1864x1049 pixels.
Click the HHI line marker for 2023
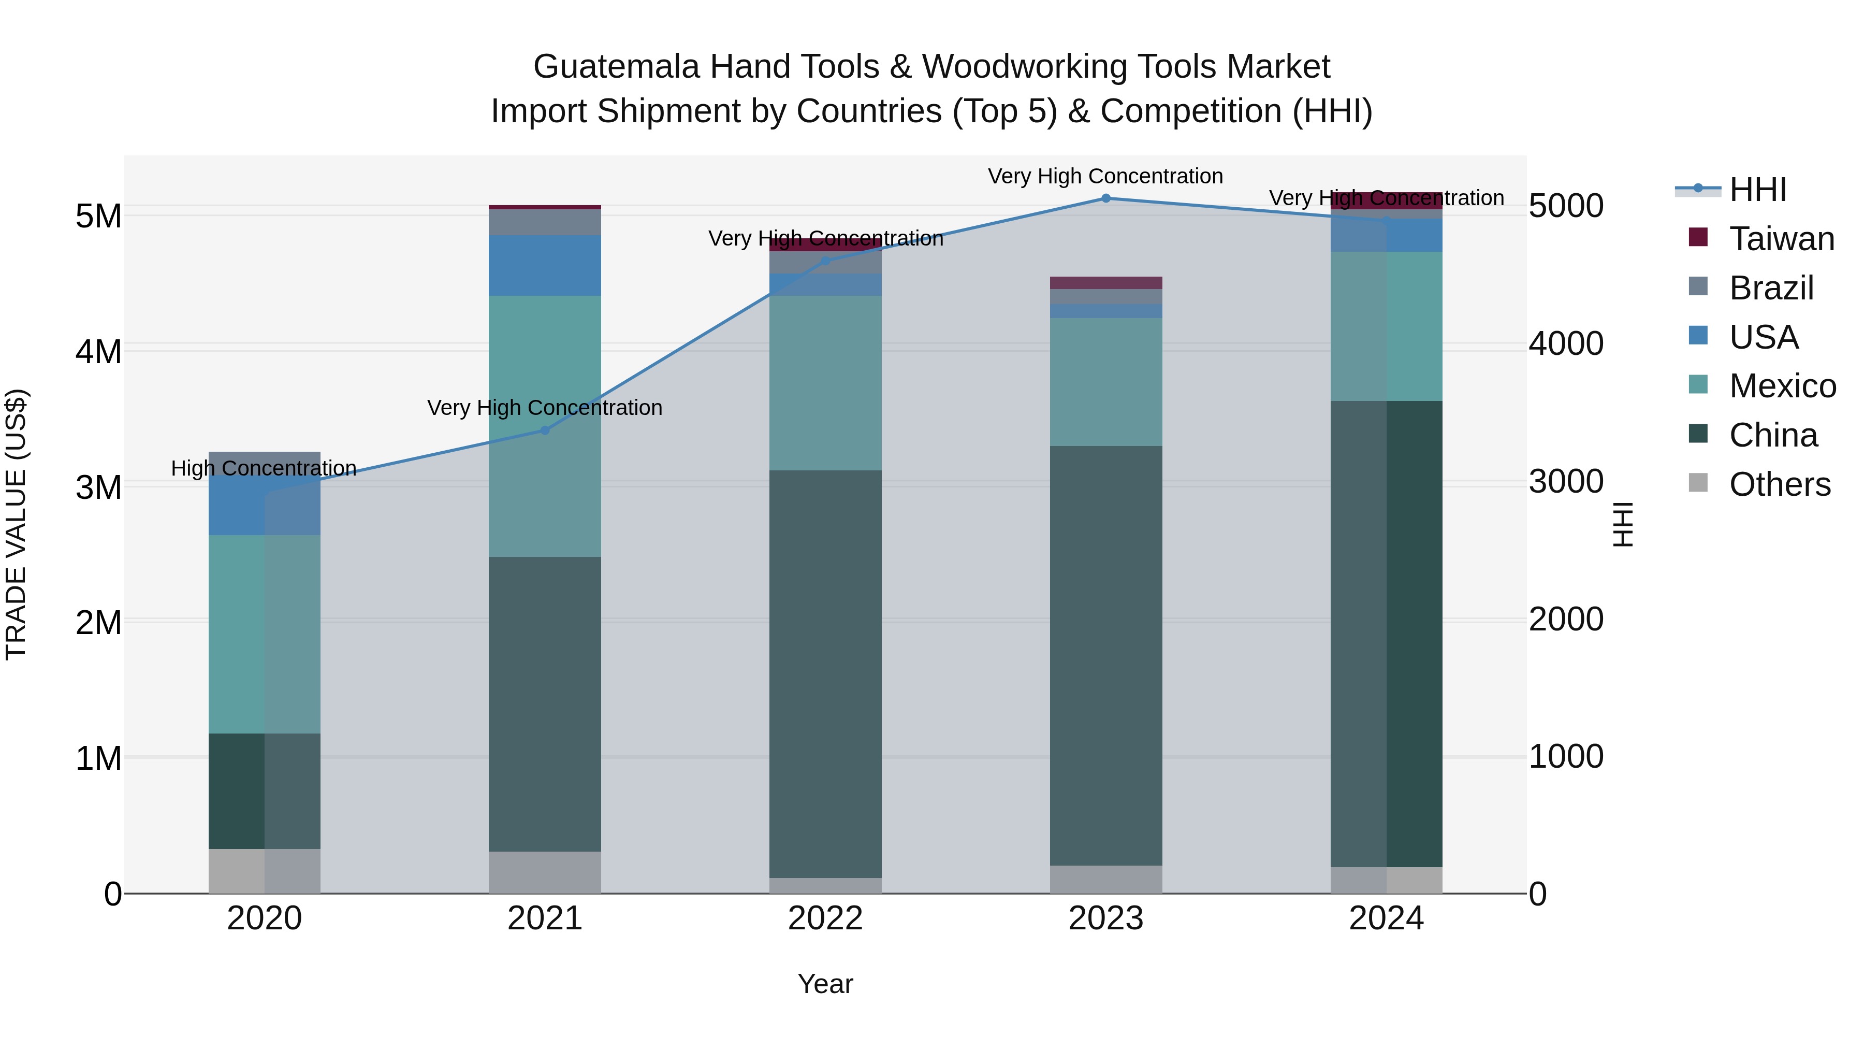point(1105,198)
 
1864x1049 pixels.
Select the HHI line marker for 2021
point(545,430)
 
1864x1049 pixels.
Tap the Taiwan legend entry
point(1781,239)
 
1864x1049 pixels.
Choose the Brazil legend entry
point(1771,288)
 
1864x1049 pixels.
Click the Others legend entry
point(1779,484)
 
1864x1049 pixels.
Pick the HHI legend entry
point(1757,190)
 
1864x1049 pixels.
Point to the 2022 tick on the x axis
point(825,918)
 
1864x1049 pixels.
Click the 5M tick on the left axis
point(98,215)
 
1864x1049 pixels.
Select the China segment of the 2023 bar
point(1105,655)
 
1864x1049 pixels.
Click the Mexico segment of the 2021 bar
point(545,426)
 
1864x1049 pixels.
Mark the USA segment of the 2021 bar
point(545,265)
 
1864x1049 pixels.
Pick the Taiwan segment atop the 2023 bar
point(1105,282)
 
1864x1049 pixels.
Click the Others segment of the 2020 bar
point(264,871)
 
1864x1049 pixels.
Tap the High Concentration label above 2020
point(264,468)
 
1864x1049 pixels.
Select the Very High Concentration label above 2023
point(1105,176)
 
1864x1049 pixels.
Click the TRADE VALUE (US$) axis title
point(16,524)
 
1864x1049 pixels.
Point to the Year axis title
point(825,984)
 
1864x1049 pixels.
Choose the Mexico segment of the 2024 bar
point(1386,326)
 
